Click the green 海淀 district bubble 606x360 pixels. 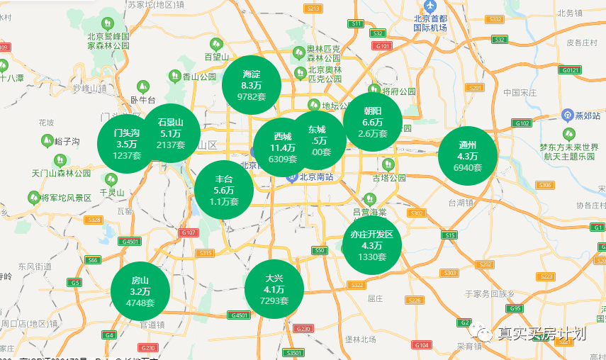(x=252, y=84)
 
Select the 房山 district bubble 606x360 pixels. (x=140, y=291)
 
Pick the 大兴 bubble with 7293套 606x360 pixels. (x=274, y=289)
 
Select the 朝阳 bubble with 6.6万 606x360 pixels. (x=373, y=122)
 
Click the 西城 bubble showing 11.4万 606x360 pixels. (x=282, y=147)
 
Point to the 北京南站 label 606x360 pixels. (x=315, y=178)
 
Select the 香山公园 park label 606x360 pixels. (x=198, y=76)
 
